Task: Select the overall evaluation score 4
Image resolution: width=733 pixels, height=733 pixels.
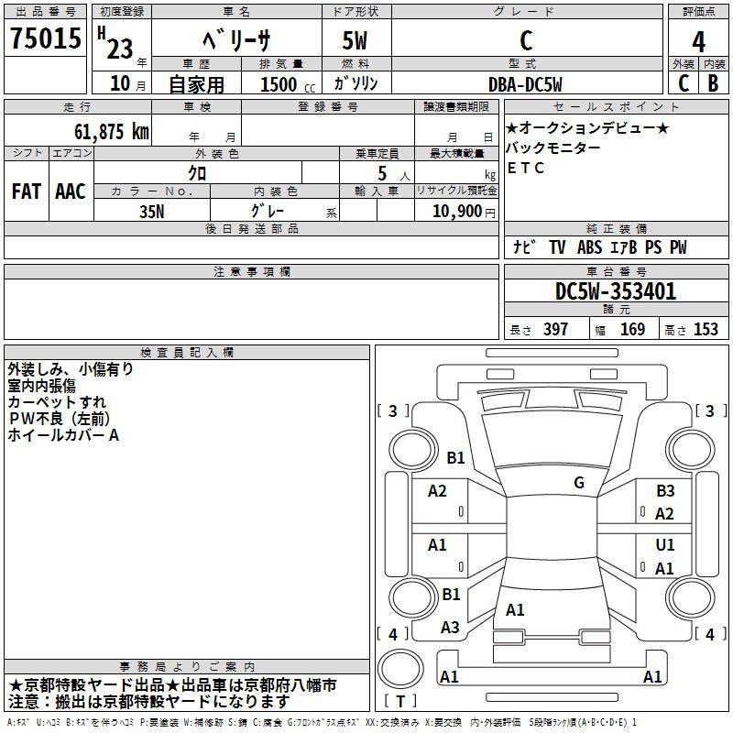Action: (x=698, y=41)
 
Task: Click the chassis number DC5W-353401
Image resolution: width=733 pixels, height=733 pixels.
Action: (x=616, y=292)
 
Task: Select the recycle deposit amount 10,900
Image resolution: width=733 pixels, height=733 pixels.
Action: (x=455, y=211)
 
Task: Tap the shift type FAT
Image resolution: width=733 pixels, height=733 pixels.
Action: (x=26, y=191)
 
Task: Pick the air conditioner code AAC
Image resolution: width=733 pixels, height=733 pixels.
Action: (x=71, y=191)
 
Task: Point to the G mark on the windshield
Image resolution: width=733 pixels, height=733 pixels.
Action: (x=579, y=483)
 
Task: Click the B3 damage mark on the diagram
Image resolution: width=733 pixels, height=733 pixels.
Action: (x=665, y=491)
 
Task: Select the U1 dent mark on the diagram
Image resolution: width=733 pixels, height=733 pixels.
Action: (x=665, y=545)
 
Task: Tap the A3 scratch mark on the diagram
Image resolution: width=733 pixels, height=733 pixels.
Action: (x=450, y=628)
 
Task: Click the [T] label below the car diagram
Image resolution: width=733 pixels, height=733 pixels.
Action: (x=400, y=701)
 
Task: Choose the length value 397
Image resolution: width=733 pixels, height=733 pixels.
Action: (x=555, y=330)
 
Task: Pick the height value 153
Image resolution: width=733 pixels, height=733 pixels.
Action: (x=706, y=330)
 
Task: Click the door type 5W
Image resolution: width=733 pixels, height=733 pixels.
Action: (x=356, y=40)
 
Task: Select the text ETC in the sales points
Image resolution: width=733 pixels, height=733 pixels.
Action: (x=526, y=168)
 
